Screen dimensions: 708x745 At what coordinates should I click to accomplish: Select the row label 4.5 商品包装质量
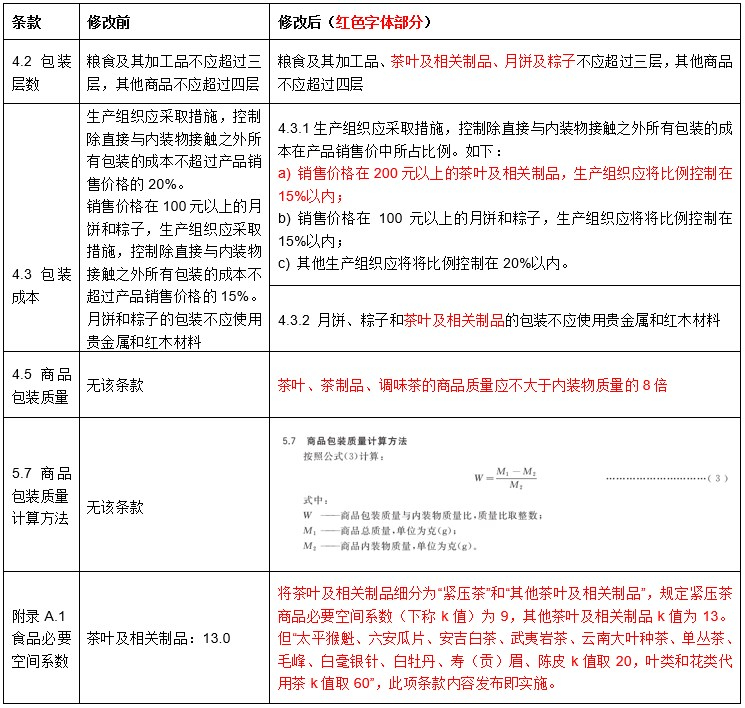tap(39, 384)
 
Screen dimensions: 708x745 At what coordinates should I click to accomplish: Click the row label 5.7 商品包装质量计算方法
tap(39, 495)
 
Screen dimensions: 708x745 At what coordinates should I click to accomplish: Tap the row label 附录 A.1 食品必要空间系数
tap(39, 637)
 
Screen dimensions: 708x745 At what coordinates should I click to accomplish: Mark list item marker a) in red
tap(284, 174)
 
